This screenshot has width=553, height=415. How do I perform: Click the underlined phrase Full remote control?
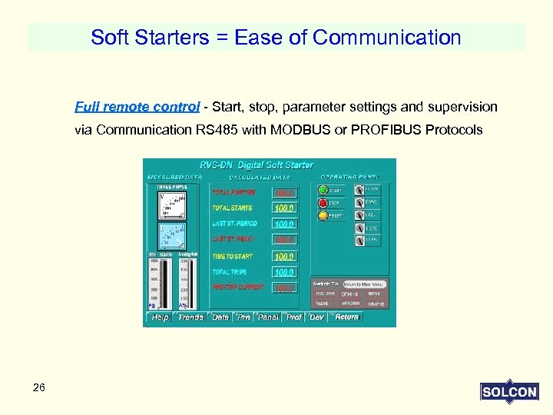coord(137,106)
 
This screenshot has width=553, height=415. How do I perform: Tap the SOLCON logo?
coord(508,392)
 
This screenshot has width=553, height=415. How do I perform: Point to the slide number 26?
coord(39,387)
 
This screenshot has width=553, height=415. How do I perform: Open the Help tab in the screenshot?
coord(160,317)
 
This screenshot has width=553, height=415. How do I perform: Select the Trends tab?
coord(190,317)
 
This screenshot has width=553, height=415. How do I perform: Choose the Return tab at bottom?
coord(346,317)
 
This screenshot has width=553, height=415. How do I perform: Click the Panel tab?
coord(268,317)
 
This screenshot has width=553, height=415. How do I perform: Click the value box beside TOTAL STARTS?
coord(284,208)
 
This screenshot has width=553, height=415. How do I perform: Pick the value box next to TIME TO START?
coord(284,257)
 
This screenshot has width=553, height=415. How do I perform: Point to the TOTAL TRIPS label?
coord(231,272)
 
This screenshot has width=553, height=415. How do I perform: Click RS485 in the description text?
coord(217,130)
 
